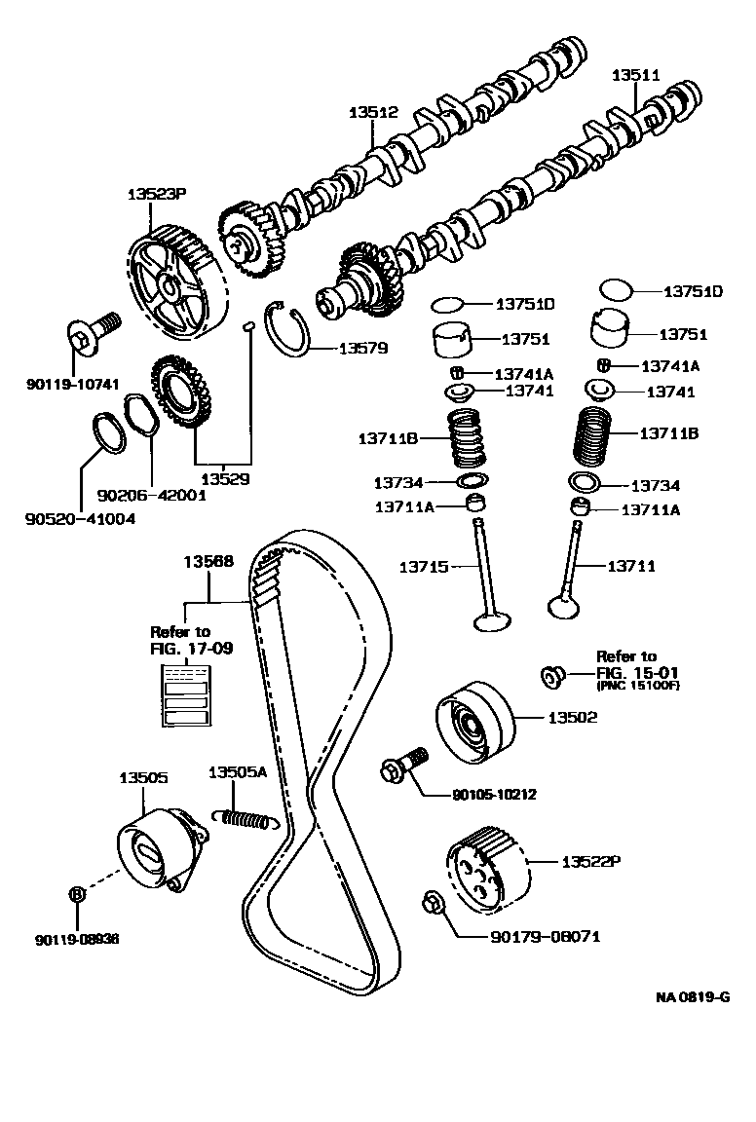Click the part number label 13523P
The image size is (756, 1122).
pyautogui.click(x=156, y=194)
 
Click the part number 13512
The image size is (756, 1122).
pyautogui.click(x=373, y=113)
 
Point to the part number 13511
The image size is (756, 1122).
pyautogui.click(x=635, y=74)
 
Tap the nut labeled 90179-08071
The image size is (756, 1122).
pyautogui.click(x=434, y=905)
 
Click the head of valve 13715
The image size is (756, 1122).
pyautogui.click(x=491, y=619)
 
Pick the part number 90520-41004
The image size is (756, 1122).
pyautogui.click(x=80, y=519)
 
